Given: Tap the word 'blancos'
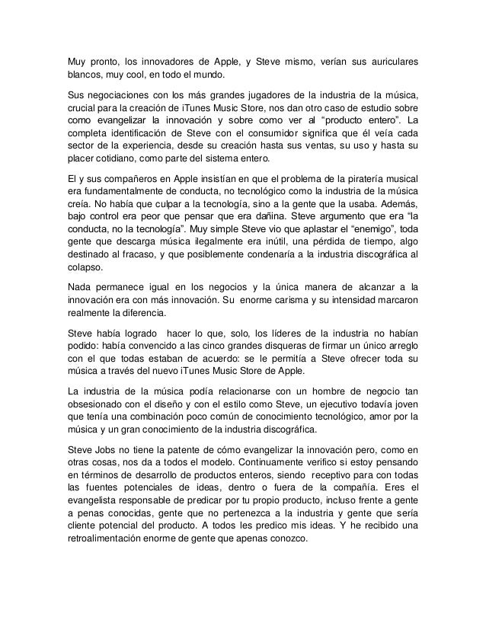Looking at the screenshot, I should tap(81, 75).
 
